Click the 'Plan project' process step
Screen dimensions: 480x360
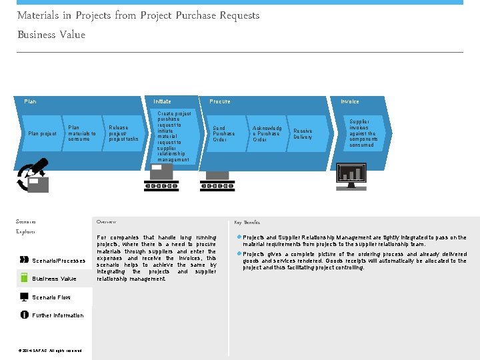[x=42, y=133]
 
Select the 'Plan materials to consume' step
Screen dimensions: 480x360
[x=82, y=133]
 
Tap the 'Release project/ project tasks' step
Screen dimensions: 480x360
[x=123, y=133]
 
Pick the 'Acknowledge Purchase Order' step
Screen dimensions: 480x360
[x=267, y=133]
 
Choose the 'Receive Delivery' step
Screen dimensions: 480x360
[x=303, y=133]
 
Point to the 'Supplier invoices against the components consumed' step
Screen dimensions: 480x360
[x=363, y=133]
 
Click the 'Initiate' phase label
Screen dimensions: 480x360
[x=162, y=101]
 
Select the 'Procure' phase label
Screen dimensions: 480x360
[x=220, y=101]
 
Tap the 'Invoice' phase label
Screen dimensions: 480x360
[x=349, y=101]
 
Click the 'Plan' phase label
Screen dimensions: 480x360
[x=30, y=101]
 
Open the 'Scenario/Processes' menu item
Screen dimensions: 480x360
[x=58, y=261]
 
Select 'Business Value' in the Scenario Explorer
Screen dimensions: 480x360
[x=54, y=279]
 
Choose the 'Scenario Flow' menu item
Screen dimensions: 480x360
[x=51, y=297]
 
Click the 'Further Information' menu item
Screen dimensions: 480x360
[x=57, y=315]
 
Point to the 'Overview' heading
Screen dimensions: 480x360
[x=106, y=221]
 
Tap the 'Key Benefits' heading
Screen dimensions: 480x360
[x=247, y=222]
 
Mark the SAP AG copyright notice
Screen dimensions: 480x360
[x=51, y=351]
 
